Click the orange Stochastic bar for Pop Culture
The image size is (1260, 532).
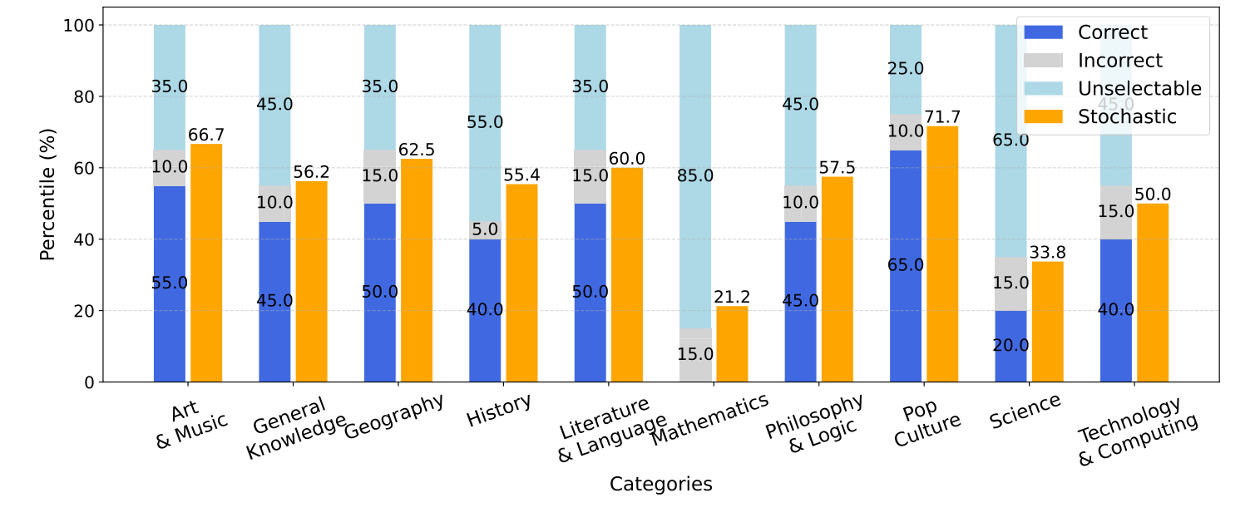pyautogui.click(x=942, y=254)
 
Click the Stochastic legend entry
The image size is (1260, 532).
pyautogui.click(x=1127, y=117)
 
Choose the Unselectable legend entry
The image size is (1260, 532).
pyautogui.click(x=1139, y=89)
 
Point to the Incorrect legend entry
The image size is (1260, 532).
pyautogui.click(x=1119, y=61)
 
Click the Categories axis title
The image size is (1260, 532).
pyautogui.click(x=660, y=485)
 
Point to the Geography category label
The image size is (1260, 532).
pyautogui.click(x=394, y=416)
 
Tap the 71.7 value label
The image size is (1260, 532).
pyautogui.click(x=942, y=116)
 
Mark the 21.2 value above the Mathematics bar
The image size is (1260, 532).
pyautogui.click(x=732, y=297)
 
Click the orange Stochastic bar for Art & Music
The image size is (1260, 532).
pyautogui.click(x=206, y=263)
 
